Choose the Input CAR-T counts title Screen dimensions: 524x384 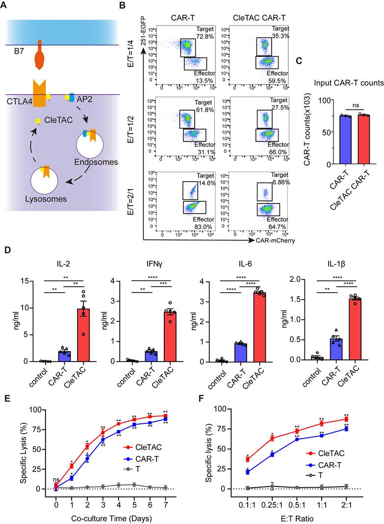click(349, 83)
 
